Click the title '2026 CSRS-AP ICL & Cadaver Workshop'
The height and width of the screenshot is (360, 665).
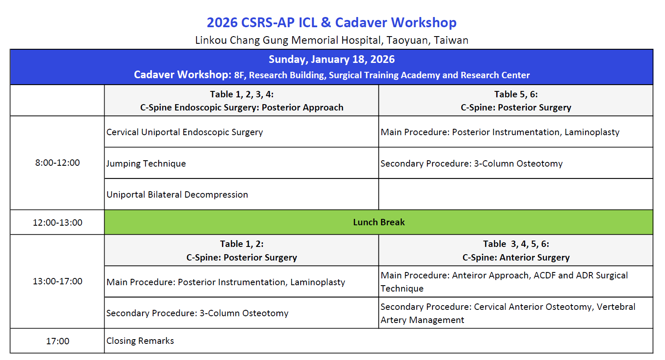332,23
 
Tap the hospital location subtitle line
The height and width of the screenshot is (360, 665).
332,40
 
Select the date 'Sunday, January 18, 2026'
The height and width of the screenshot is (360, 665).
332,60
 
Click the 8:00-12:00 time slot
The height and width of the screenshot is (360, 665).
57,163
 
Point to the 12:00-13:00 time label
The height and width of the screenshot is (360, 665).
57,222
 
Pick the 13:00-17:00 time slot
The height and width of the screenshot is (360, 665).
57,281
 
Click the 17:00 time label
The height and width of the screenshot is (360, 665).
57,341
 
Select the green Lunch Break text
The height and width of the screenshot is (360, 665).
379,222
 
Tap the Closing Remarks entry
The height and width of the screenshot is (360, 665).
140,341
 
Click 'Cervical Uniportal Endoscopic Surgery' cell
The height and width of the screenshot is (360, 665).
185,132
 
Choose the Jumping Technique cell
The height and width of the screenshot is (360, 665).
146,164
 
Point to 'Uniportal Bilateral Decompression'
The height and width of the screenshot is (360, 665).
177,195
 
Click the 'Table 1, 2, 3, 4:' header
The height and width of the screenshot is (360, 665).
242,94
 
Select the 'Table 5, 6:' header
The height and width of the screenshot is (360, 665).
516,94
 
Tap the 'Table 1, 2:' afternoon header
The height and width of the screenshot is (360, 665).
242,244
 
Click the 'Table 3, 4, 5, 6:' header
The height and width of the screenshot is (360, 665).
516,244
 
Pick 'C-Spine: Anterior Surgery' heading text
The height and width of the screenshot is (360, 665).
516,257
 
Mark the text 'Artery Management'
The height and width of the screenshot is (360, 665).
422,320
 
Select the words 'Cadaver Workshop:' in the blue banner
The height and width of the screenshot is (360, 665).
182,75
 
